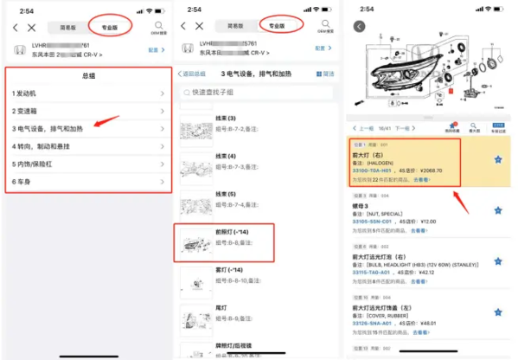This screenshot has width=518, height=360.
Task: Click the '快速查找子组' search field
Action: coord(259,92)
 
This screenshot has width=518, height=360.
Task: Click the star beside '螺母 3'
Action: coord(497,210)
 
